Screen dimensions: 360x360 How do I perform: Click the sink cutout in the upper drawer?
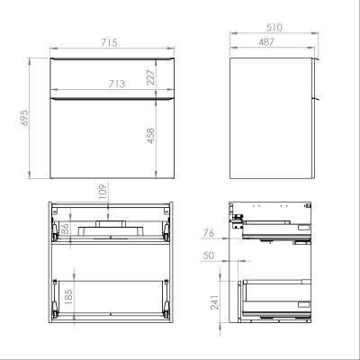pos(109,227)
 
